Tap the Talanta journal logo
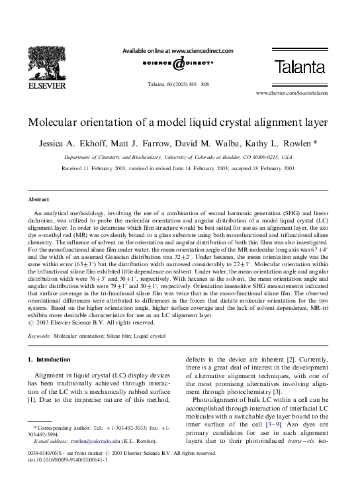(299, 67)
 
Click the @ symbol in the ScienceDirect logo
(178, 64)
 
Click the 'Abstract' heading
(38, 199)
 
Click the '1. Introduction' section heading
(49, 360)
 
